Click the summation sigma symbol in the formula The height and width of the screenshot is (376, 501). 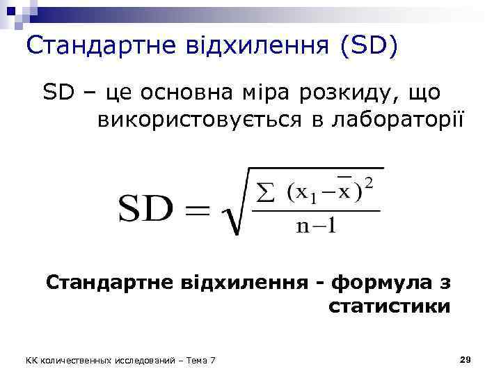266,193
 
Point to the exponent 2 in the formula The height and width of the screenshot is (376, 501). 369,184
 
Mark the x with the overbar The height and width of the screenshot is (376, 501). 343,192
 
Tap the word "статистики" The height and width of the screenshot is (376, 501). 388,307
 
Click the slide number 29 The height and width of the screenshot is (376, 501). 466,359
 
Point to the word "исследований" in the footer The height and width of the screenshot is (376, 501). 147,360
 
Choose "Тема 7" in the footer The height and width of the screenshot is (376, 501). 201,360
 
